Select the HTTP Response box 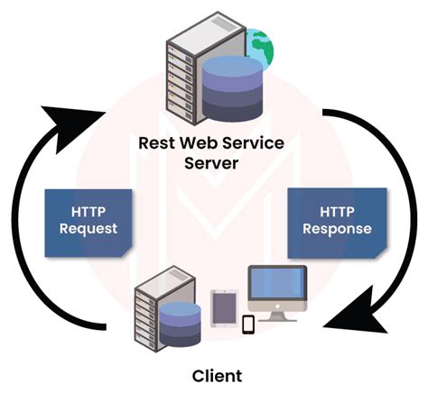coord(336,219)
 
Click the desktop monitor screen coord(277,287)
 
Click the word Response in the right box coord(336,229)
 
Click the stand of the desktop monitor coord(278,316)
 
